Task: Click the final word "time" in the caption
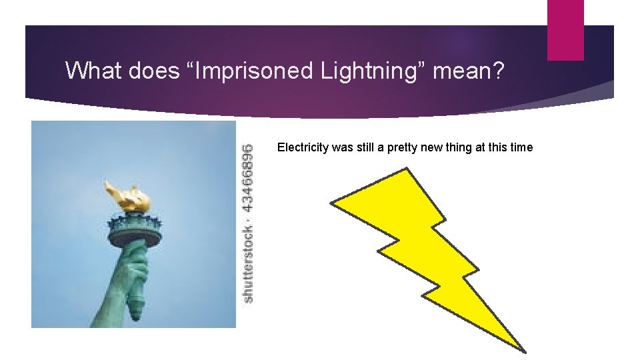pos(521,147)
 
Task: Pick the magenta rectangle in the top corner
pos(565,30)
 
